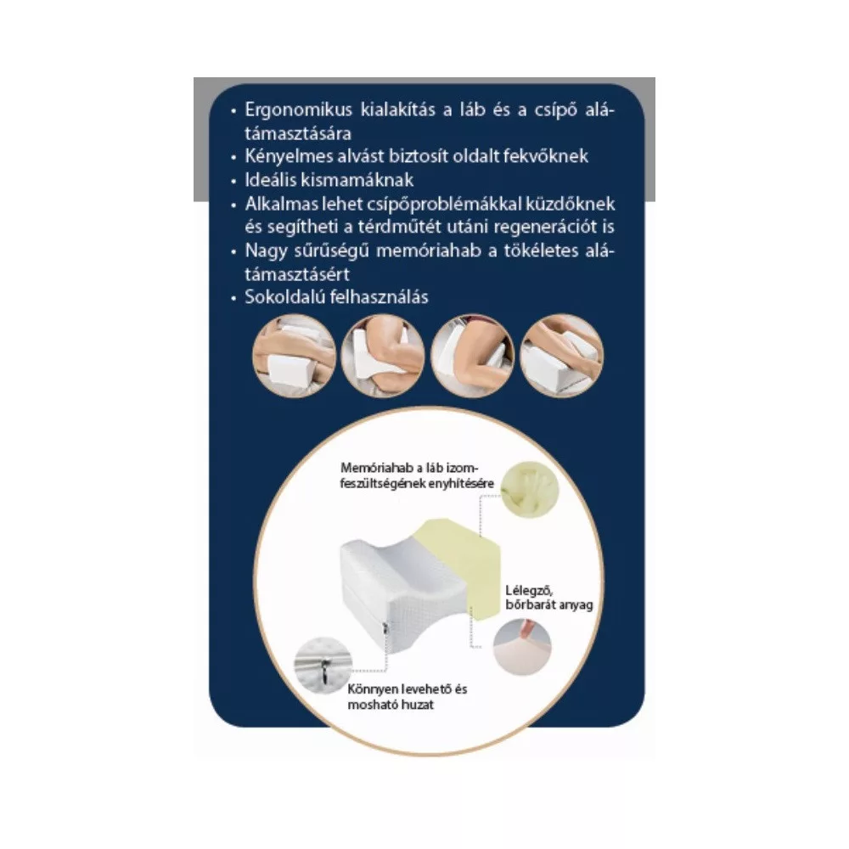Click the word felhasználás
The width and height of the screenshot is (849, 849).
(x=383, y=296)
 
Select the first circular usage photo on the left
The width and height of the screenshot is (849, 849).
(x=295, y=356)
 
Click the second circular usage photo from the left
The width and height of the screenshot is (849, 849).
(x=383, y=356)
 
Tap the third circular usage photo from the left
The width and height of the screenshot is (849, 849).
(x=472, y=356)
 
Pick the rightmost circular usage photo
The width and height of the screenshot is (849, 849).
(x=561, y=356)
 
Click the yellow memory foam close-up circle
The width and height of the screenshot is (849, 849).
(x=530, y=490)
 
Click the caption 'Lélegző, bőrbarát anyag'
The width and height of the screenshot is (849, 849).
(x=549, y=598)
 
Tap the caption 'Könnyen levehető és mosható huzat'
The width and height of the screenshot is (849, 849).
(x=408, y=697)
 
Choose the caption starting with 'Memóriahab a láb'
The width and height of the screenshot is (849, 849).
(x=417, y=475)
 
